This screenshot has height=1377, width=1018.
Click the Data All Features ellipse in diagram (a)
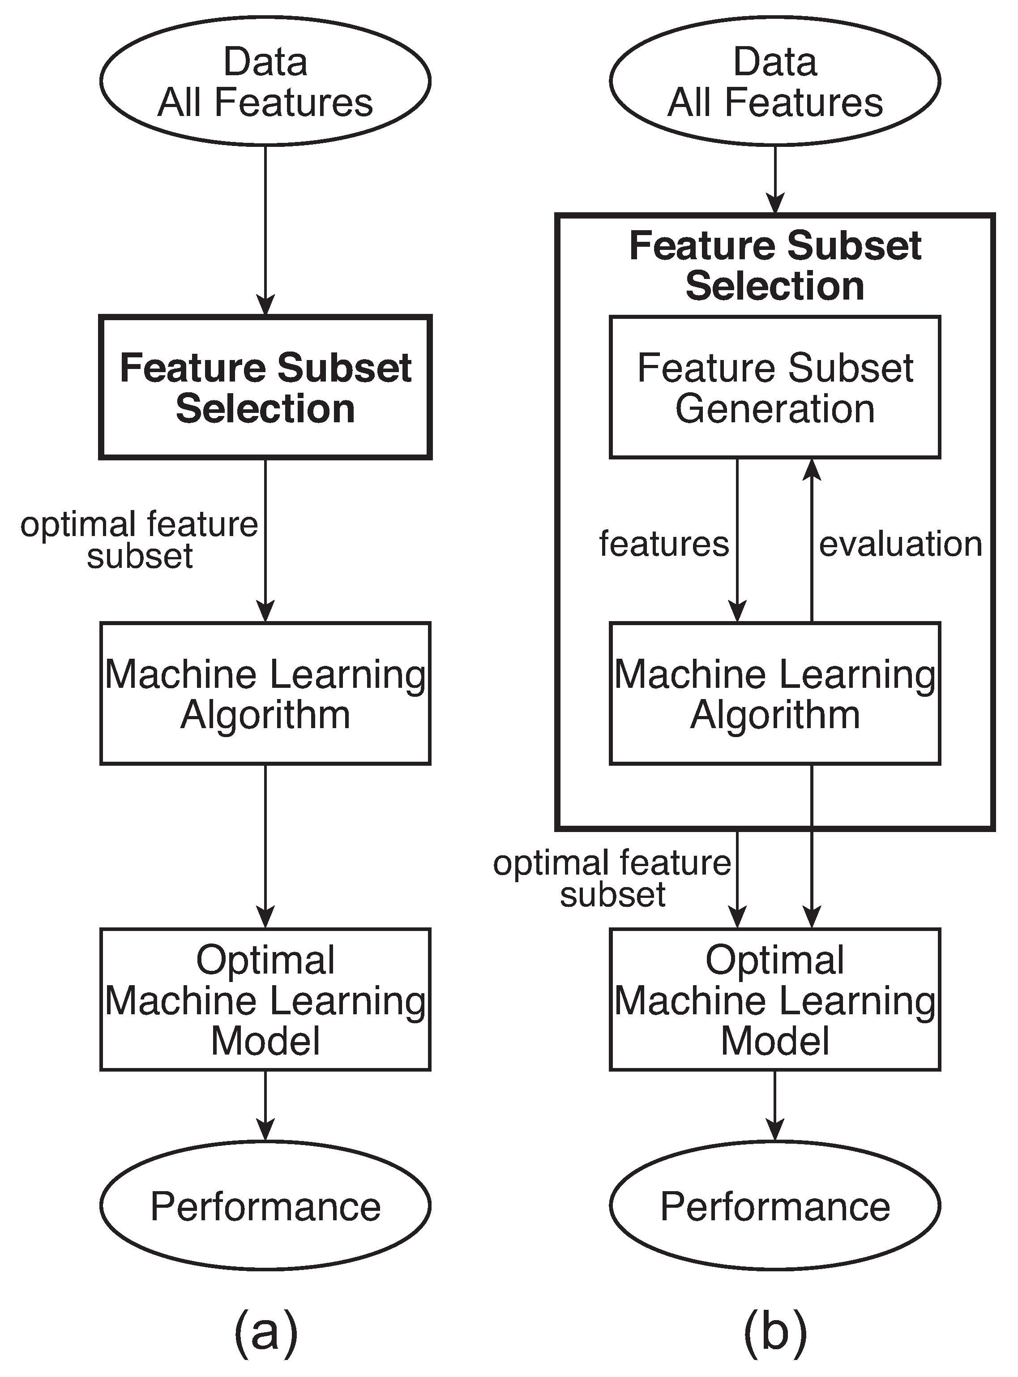pyautogui.click(x=265, y=82)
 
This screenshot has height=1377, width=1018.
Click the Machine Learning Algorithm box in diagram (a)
pyautogui.click(x=265, y=694)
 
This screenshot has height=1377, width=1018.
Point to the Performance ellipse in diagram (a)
pyautogui.click(x=265, y=1206)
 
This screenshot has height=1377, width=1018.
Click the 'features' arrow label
pyautogui.click(x=664, y=544)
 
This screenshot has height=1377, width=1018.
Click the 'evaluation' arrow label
pyautogui.click(x=900, y=544)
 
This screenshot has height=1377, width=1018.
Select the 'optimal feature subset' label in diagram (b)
pyautogui.click(x=612, y=878)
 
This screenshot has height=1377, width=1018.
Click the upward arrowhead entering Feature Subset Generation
pyautogui.click(x=812, y=470)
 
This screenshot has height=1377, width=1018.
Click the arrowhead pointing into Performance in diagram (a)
pyautogui.click(x=265, y=1130)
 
